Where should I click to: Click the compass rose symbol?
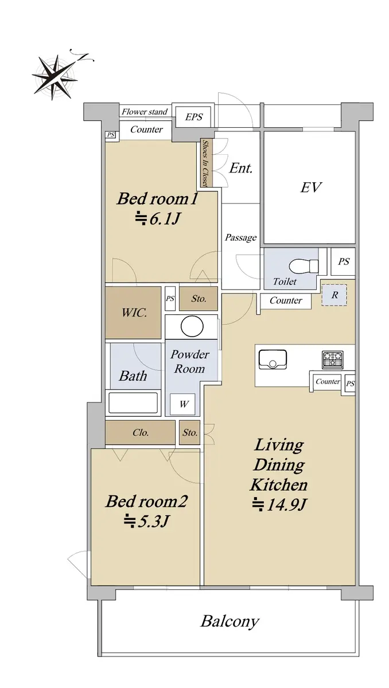pyautogui.click(x=55, y=77)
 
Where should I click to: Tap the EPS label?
pyautogui.click(x=193, y=117)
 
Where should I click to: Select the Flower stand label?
pyautogui.click(x=145, y=111)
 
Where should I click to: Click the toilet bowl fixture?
pyautogui.click(x=304, y=265)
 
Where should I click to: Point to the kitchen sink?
pyautogui.click(x=273, y=359)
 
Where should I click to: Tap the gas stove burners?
pyautogui.click(x=332, y=359)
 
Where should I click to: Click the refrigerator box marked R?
pyautogui.click(x=334, y=295)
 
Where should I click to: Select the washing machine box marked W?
pyautogui.click(x=182, y=404)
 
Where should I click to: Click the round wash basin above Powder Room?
pyautogui.click(x=192, y=326)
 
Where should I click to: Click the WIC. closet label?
pyautogui.click(x=134, y=312)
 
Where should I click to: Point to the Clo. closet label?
pyautogui.click(x=141, y=433)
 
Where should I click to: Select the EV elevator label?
pyautogui.click(x=311, y=187)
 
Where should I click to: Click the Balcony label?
pyautogui.click(x=230, y=621)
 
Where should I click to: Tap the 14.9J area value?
pyautogui.click(x=279, y=505)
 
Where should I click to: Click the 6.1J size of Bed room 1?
pyautogui.click(x=157, y=218)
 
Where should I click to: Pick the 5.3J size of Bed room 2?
pyautogui.click(x=146, y=521)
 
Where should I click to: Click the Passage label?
pyautogui.click(x=240, y=237)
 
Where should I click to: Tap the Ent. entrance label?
pyautogui.click(x=241, y=168)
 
